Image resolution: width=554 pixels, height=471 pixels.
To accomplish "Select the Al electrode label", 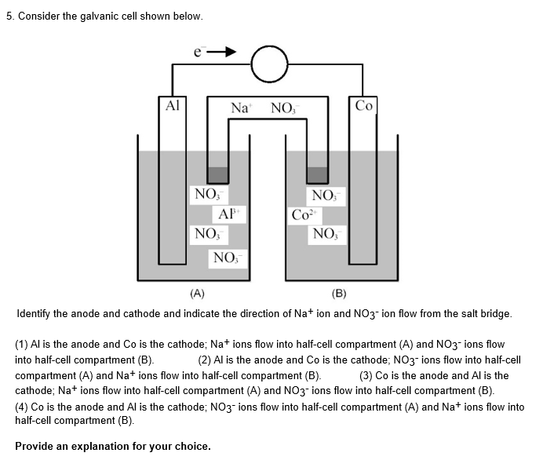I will click(x=173, y=105).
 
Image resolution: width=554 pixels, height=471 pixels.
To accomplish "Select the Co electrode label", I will click(x=364, y=105).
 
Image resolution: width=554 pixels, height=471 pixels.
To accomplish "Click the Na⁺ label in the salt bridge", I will click(x=241, y=108).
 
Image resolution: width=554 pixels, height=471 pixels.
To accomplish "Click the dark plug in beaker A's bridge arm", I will click(x=217, y=174).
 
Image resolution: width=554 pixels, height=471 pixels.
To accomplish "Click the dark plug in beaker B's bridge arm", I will click(x=317, y=174).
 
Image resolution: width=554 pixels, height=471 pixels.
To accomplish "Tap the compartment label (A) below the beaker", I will click(x=197, y=294).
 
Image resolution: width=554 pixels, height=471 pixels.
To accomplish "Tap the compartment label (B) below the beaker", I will click(x=338, y=294).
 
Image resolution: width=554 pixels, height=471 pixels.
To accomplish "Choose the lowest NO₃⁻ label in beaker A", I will click(x=228, y=257).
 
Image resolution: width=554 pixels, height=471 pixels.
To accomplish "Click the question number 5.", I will click(x=9, y=16).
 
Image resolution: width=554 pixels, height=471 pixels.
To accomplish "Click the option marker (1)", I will click(x=23, y=345).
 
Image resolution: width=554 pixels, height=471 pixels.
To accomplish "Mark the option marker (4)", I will click(x=23, y=407).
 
